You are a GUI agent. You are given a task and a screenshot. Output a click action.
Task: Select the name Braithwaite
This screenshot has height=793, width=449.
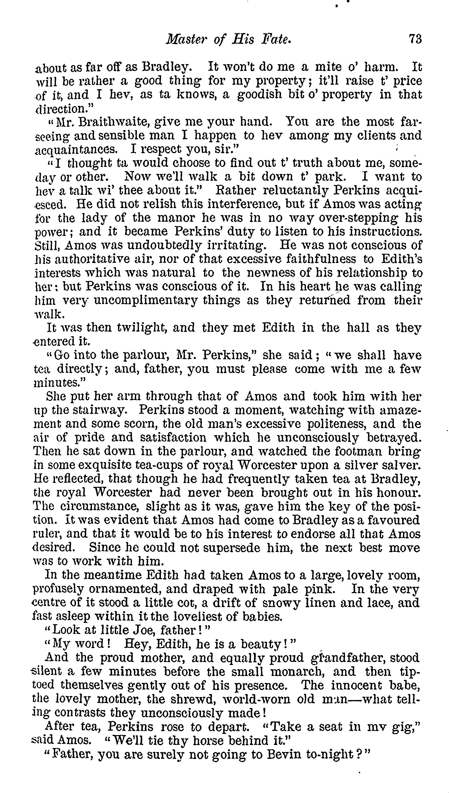(x=114, y=122)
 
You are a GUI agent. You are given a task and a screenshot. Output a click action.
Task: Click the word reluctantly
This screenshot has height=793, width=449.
(x=298, y=191)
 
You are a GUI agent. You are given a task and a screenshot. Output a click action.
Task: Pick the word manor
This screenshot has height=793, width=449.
(x=175, y=218)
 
